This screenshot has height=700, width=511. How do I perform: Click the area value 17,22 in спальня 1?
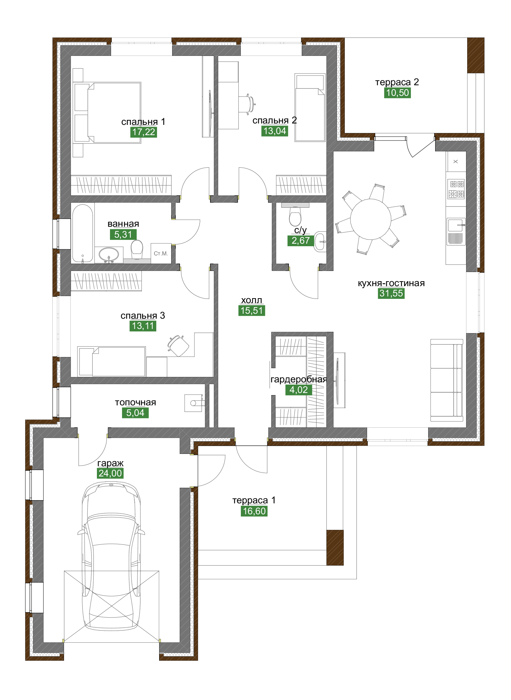coord(144,132)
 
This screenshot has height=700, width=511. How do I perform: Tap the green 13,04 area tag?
coord(275,131)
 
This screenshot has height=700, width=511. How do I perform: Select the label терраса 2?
coord(397,82)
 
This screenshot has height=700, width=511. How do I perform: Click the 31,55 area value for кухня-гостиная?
coord(391,293)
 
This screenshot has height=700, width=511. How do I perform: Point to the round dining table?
coord(371,219)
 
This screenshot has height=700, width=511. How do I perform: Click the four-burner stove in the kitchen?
coord(456,189)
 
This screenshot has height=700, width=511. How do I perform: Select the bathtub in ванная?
coord(83,233)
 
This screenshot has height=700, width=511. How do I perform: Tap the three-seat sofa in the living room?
coord(447,380)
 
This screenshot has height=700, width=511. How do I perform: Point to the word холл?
coord(251,300)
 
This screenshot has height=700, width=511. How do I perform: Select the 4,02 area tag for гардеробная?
coord(298,390)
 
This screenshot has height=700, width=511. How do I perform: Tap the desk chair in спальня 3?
coord(179,346)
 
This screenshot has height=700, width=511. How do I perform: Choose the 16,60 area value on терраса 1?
coord(254,511)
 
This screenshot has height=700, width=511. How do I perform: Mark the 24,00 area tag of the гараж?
coord(110,473)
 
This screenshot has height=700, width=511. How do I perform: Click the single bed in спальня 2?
coord(310,108)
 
